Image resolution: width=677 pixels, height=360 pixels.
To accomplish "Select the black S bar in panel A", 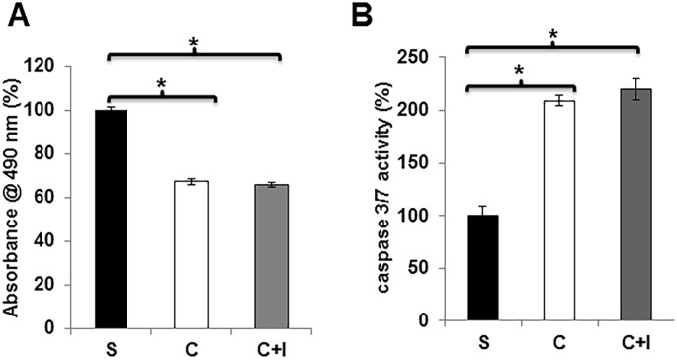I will click(110, 218).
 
